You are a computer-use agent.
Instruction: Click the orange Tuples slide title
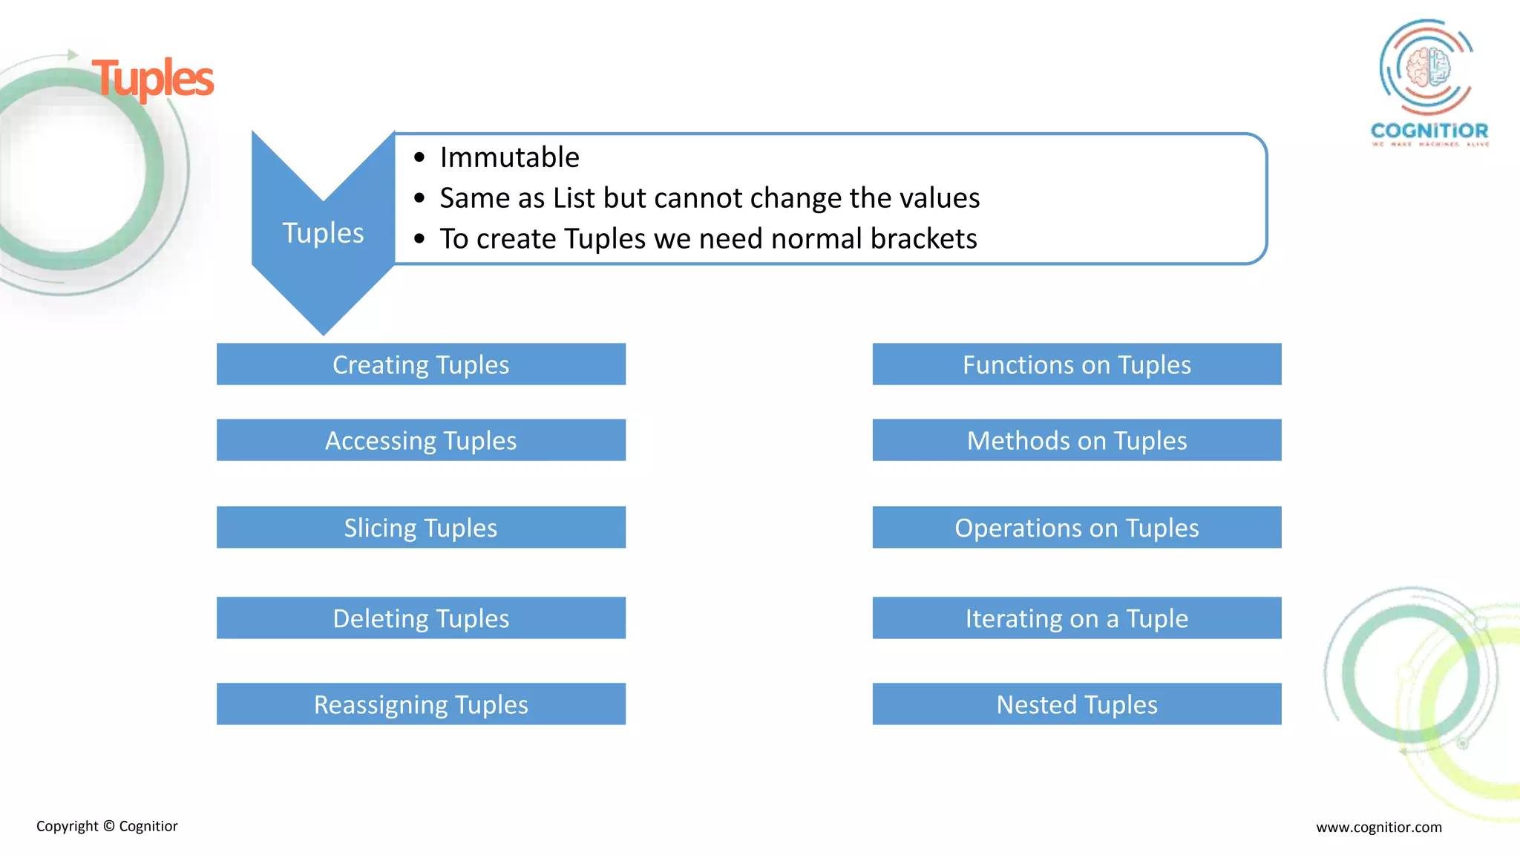point(153,79)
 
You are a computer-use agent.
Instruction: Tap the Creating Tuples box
point(421,364)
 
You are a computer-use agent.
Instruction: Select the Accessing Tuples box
point(421,440)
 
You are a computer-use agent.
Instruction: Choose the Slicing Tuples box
point(421,528)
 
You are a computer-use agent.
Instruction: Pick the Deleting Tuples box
point(421,618)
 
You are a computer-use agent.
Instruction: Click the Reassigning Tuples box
point(421,704)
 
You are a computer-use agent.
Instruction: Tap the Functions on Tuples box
point(1076,364)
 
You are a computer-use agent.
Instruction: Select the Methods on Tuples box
point(1076,440)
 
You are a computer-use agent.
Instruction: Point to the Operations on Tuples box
point(1076,528)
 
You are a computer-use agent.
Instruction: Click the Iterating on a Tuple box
point(1076,618)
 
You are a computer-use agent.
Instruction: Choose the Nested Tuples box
point(1076,704)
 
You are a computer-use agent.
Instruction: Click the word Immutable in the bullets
point(509,157)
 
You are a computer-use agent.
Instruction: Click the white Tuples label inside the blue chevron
point(323,233)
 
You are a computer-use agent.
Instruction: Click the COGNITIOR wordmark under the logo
point(1429,131)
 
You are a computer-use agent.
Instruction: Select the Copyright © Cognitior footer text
point(107,826)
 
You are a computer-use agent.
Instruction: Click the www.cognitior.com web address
point(1378,827)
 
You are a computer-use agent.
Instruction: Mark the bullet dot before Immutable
point(419,157)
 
